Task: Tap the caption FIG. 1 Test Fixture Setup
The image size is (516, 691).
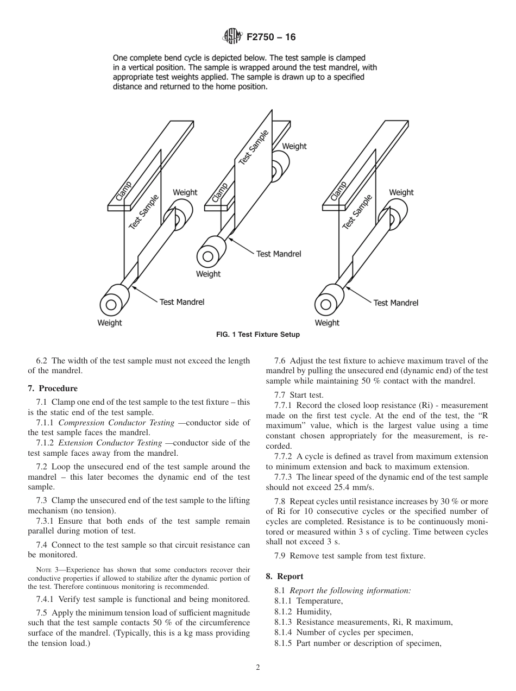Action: coord(257,335)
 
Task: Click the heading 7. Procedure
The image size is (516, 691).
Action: coord(53,388)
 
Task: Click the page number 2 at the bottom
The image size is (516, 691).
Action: coord(258,668)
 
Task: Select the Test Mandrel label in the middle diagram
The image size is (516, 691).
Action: coord(278,254)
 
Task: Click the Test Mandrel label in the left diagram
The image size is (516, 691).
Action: coord(182,302)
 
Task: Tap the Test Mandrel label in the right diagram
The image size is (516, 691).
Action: coord(396,303)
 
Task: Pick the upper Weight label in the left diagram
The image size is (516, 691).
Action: coord(185,192)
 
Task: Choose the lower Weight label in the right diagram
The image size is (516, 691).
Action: coord(327,323)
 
